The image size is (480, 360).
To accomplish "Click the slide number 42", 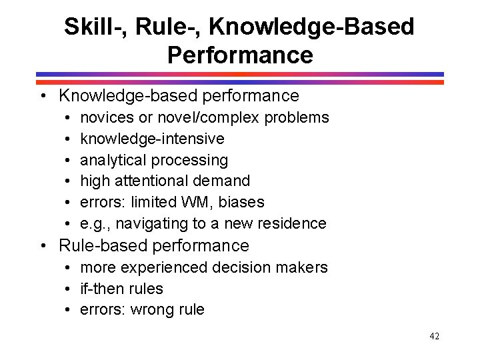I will coord(435,337).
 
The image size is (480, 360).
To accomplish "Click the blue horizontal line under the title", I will coord(239,74).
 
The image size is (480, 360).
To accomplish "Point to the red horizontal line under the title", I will coord(239,81).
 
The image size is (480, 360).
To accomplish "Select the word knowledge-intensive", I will coord(152,139).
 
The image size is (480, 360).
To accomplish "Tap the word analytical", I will coord(113,160).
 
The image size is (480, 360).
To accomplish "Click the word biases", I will coord(241,202).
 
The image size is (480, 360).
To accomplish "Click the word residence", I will coord(293,223).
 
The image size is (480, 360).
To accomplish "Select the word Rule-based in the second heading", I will coord(104,245).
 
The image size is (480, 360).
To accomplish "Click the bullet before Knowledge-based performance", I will coord(43,97).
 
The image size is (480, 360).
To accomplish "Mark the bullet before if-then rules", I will coord(69,289).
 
